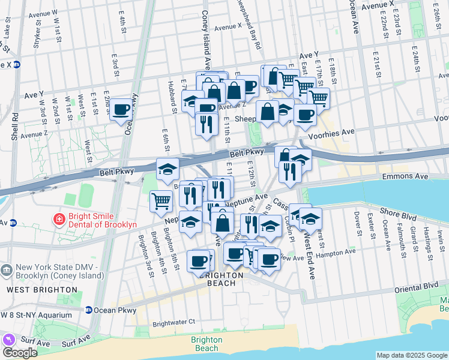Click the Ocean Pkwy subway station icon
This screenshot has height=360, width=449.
88,310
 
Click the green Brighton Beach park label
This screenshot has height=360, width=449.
206,344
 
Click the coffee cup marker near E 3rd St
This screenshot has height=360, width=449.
121,109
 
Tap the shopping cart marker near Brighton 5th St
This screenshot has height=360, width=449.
160,201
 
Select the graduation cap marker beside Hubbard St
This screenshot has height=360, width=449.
167,169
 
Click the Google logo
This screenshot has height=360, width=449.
20,352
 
